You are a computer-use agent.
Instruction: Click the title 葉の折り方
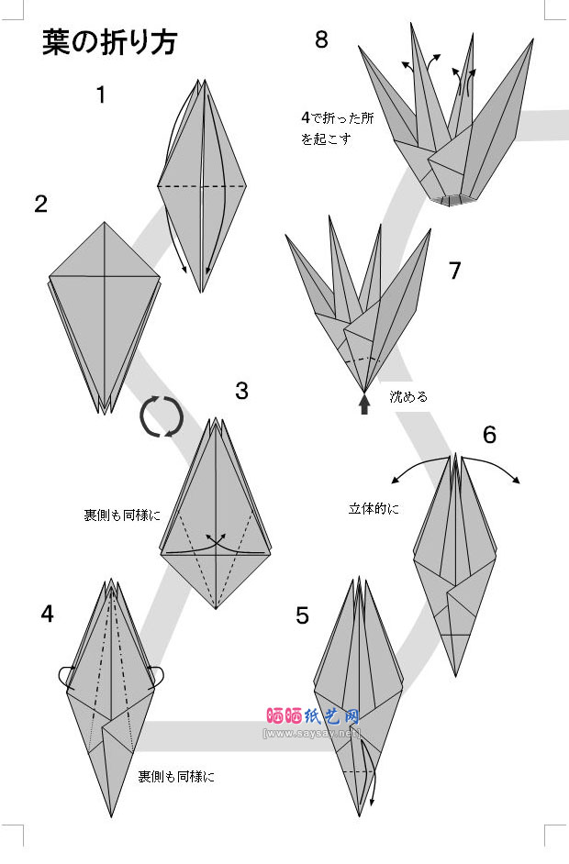tap(109, 42)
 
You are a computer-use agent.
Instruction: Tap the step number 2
tap(40, 204)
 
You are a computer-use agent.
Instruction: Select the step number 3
tap(241, 391)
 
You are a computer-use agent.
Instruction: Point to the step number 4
tap(48, 614)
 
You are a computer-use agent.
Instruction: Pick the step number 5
tap(302, 615)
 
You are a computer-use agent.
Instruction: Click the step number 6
tap(489, 435)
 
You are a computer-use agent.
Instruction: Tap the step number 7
tap(454, 271)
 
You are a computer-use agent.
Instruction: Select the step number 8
tap(320, 39)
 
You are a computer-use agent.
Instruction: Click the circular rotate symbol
tap(162, 417)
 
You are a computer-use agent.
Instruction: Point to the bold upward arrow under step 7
tap(364, 404)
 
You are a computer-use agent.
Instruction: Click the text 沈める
tap(408, 397)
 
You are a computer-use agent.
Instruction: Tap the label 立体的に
tap(374, 508)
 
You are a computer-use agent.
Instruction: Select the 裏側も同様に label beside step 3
tap(122, 515)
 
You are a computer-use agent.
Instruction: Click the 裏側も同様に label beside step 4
tap(176, 777)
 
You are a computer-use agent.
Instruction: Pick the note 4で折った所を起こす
tap(327, 128)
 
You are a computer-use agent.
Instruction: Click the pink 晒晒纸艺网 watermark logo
tap(312, 715)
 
